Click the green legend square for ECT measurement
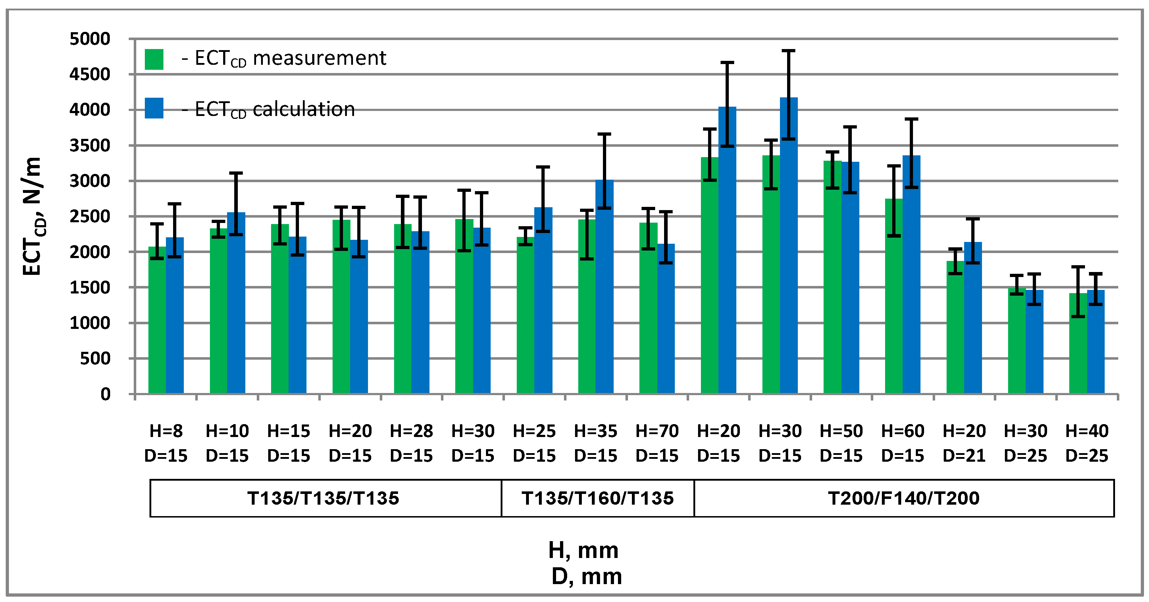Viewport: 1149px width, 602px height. [154, 59]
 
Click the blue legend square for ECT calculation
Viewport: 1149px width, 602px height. [154, 108]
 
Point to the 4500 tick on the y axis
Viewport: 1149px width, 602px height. [89, 74]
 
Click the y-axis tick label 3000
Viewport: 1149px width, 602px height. [89, 181]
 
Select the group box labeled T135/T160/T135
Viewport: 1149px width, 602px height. [597, 498]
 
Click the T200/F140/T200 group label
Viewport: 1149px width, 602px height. [903, 498]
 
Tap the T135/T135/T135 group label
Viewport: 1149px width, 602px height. [323, 498]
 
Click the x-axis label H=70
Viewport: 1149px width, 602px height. [657, 431]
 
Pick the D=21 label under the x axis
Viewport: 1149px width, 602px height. [964, 456]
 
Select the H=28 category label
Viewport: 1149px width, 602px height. [411, 431]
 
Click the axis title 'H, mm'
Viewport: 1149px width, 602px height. [583, 550]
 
